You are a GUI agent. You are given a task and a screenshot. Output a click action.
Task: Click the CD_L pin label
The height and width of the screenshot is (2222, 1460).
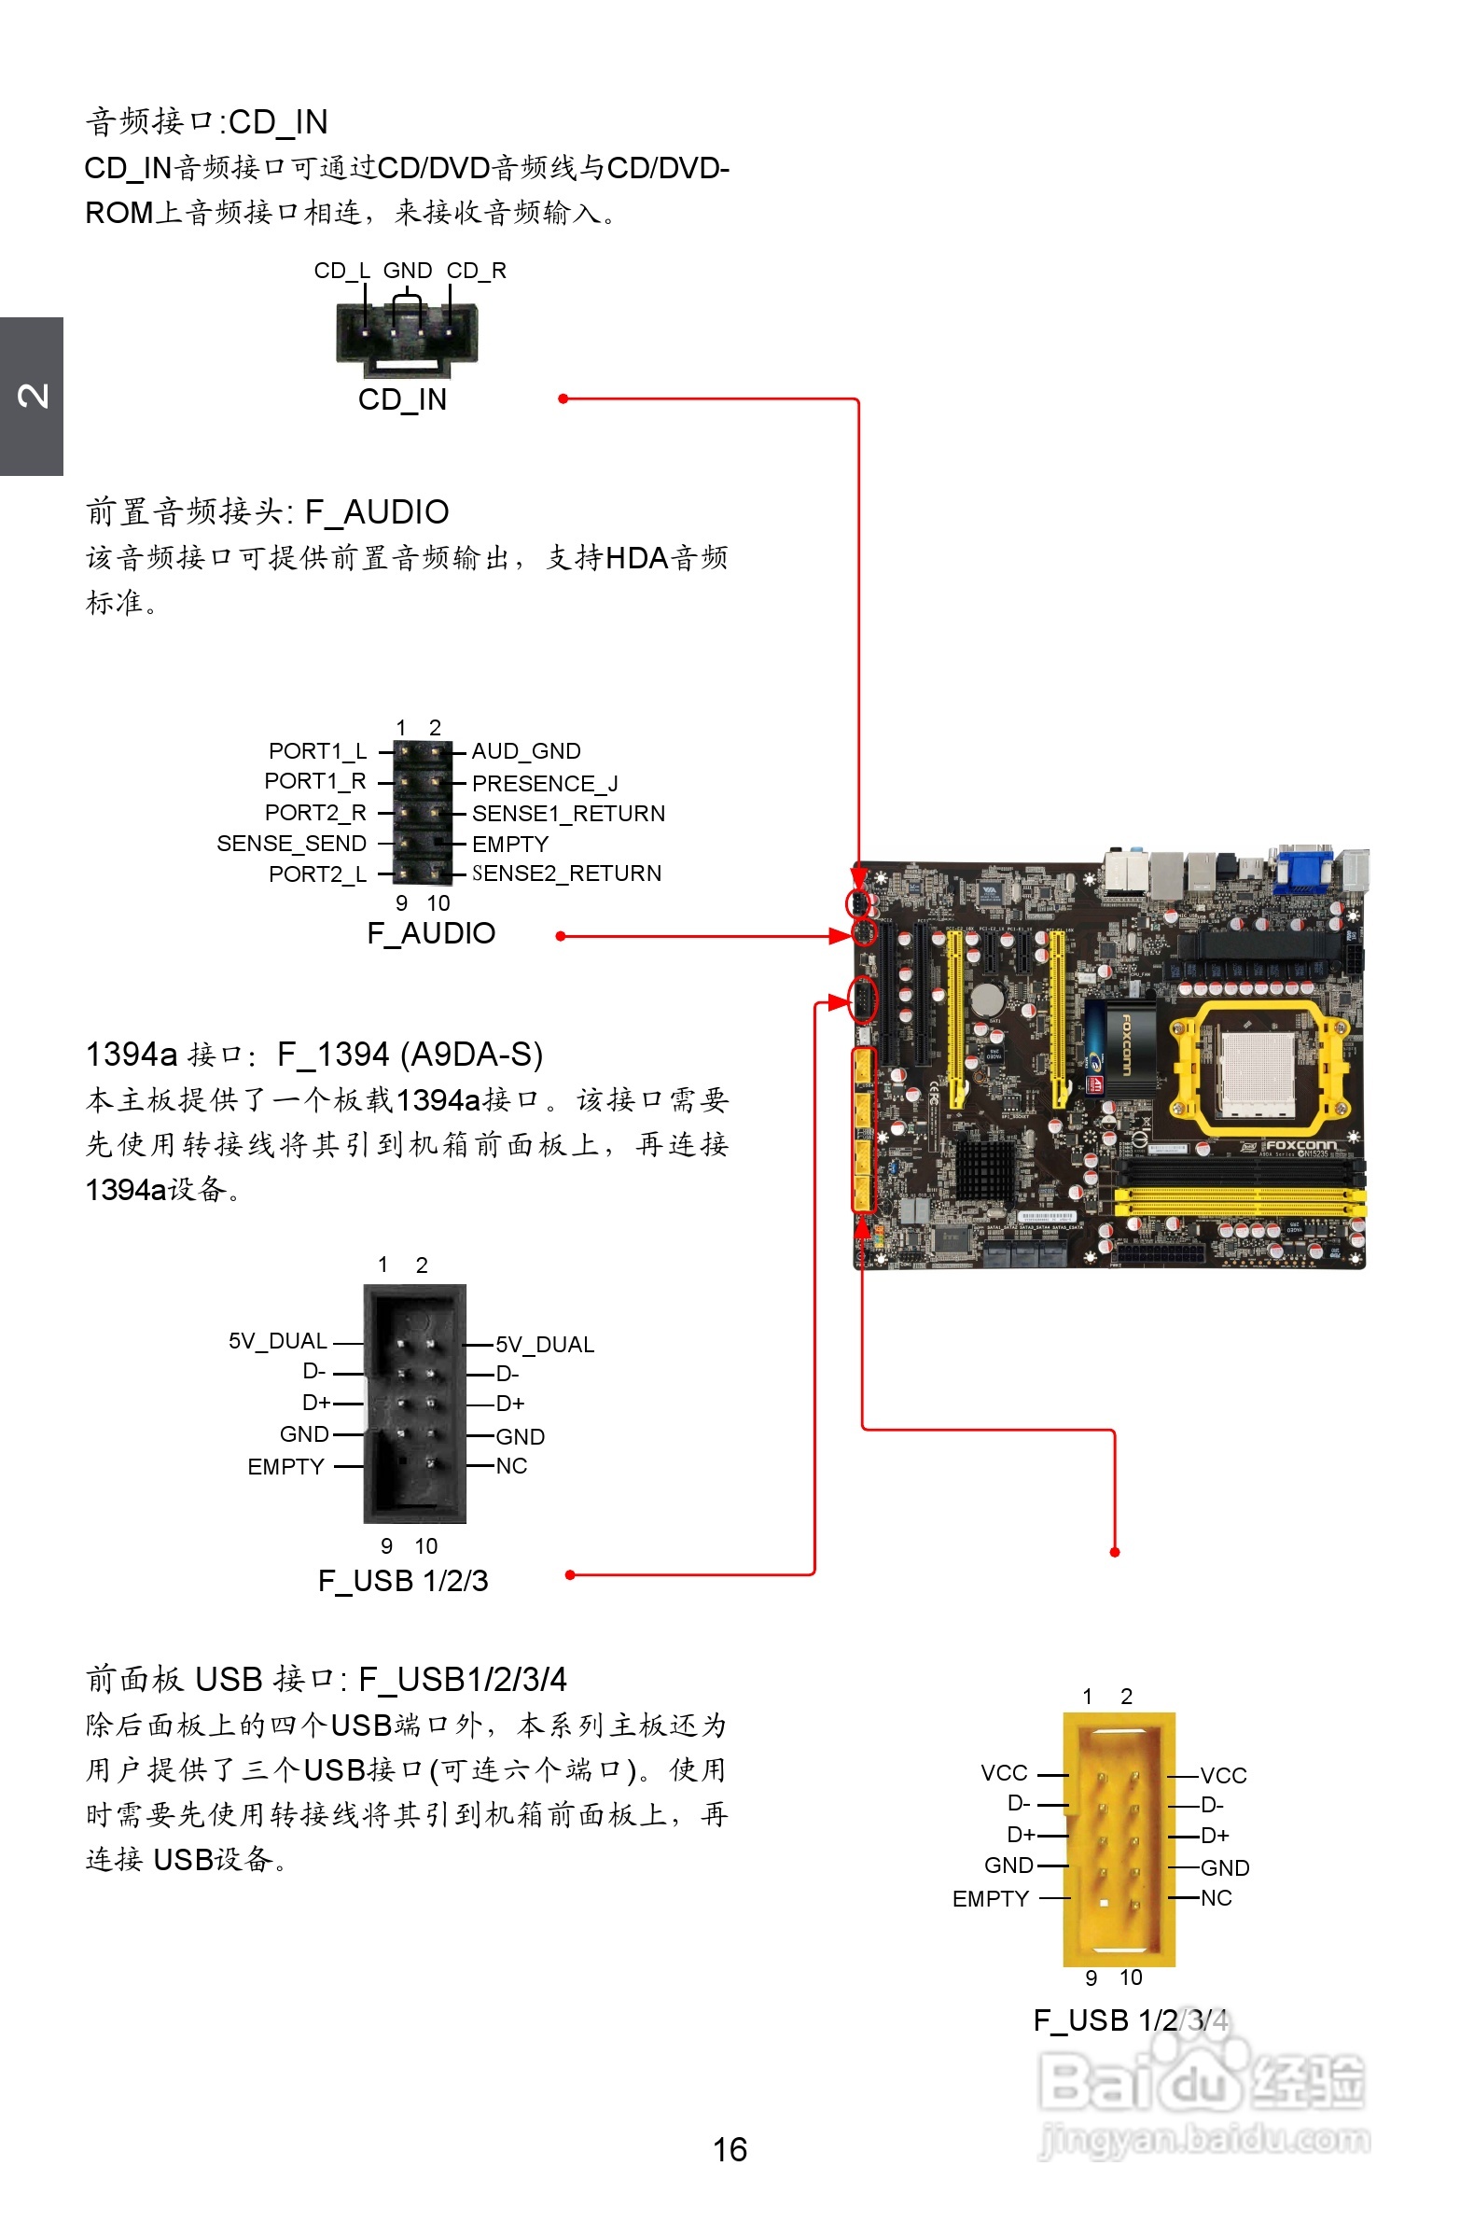[x=341, y=271]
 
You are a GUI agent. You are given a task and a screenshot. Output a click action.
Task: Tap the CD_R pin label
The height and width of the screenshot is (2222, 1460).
[x=476, y=271]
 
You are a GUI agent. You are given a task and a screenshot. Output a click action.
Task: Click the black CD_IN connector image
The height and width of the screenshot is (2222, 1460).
[x=407, y=334]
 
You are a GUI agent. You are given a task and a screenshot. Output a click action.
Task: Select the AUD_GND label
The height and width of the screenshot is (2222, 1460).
[x=525, y=751]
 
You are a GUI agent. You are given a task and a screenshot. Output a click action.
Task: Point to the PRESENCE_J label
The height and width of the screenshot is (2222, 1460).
[x=544, y=783]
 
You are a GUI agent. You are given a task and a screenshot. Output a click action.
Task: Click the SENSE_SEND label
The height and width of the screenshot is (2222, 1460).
[x=291, y=844]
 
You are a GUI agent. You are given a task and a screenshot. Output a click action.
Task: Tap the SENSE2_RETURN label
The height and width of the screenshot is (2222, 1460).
[x=566, y=873]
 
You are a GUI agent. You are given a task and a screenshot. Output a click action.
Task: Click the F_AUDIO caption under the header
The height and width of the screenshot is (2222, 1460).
[x=430, y=933]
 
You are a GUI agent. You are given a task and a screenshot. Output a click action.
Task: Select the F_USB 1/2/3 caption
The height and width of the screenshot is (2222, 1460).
[x=402, y=1581]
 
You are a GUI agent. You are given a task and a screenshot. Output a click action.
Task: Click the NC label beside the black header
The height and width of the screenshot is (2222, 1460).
[x=511, y=1466]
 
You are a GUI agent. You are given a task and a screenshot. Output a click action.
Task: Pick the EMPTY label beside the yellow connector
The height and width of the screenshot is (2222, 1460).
[x=991, y=1899]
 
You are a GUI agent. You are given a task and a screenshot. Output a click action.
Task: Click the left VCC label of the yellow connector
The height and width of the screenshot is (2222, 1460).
[x=1004, y=1773]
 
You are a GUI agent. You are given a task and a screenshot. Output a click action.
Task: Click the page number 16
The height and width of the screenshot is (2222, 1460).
[x=729, y=2150]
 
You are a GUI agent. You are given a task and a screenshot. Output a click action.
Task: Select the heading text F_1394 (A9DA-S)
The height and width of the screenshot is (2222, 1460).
[x=409, y=1055]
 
